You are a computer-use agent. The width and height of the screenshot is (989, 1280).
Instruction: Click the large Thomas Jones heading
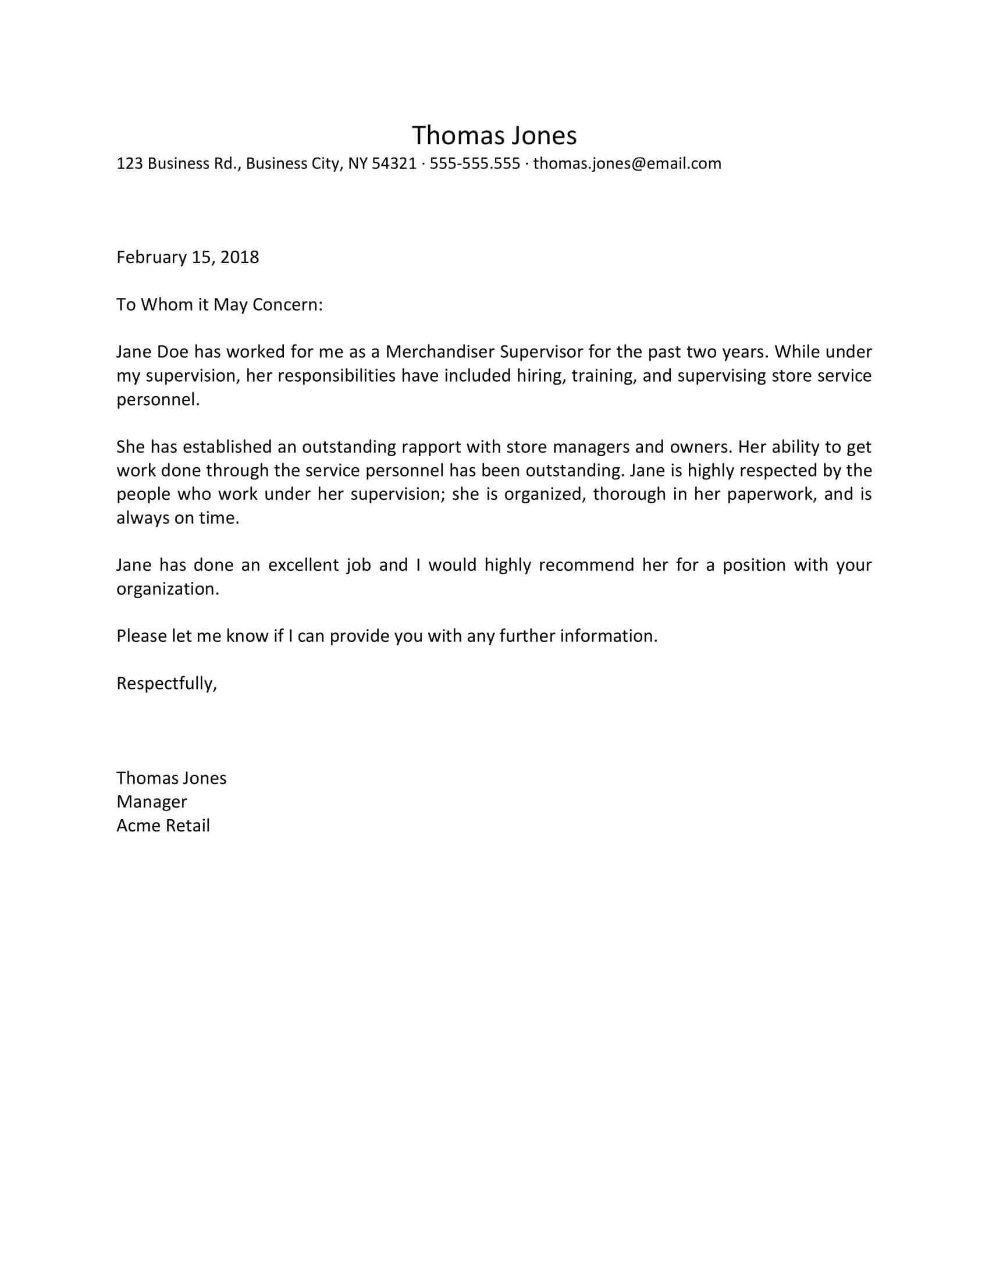[x=494, y=136]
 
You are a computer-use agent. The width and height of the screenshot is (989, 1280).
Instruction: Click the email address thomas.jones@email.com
[x=627, y=163]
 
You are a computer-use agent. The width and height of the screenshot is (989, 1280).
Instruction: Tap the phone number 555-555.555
[x=475, y=163]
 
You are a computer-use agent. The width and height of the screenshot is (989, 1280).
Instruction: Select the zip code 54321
[x=394, y=163]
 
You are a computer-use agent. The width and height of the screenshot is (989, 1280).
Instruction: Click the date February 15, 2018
[x=187, y=257]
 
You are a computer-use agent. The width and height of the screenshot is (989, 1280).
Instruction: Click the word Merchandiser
[x=439, y=351]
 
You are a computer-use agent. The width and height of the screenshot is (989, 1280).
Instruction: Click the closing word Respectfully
[x=166, y=684]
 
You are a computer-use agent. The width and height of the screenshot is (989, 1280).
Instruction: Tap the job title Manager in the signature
[x=152, y=802]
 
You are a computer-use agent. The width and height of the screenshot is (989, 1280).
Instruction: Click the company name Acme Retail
[x=163, y=826]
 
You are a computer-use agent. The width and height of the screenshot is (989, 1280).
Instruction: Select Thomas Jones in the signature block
[x=171, y=778]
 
